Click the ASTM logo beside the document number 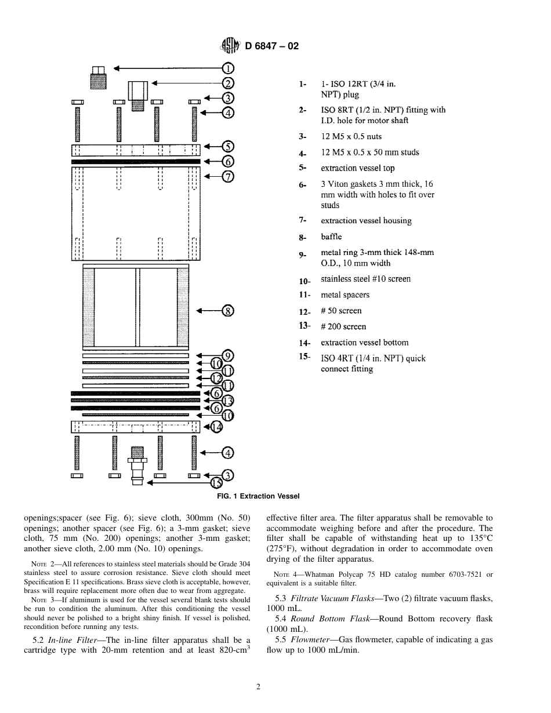pyautogui.click(x=231, y=45)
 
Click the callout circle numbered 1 pyautogui.click(x=228, y=68)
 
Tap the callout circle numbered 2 pyautogui.click(x=228, y=83)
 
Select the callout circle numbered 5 pyautogui.click(x=228, y=147)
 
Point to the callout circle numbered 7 pyautogui.click(x=228, y=176)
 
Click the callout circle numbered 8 pyautogui.click(x=228, y=311)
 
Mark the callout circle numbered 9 pyautogui.click(x=228, y=355)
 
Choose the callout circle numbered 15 pyautogui.click(x=216, y=482)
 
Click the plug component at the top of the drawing pyautogui.click(x=99, y=78)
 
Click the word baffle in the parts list pyautogui.click(x=331, y=237)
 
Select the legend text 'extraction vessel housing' pyautogui.click(x=366, y=221)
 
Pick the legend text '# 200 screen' pyautogui.click(x=343, y=327)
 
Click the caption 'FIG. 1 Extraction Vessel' pyautogui.click(x=258, y=496)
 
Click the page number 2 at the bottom pyautogui.click(x=258, y=687)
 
